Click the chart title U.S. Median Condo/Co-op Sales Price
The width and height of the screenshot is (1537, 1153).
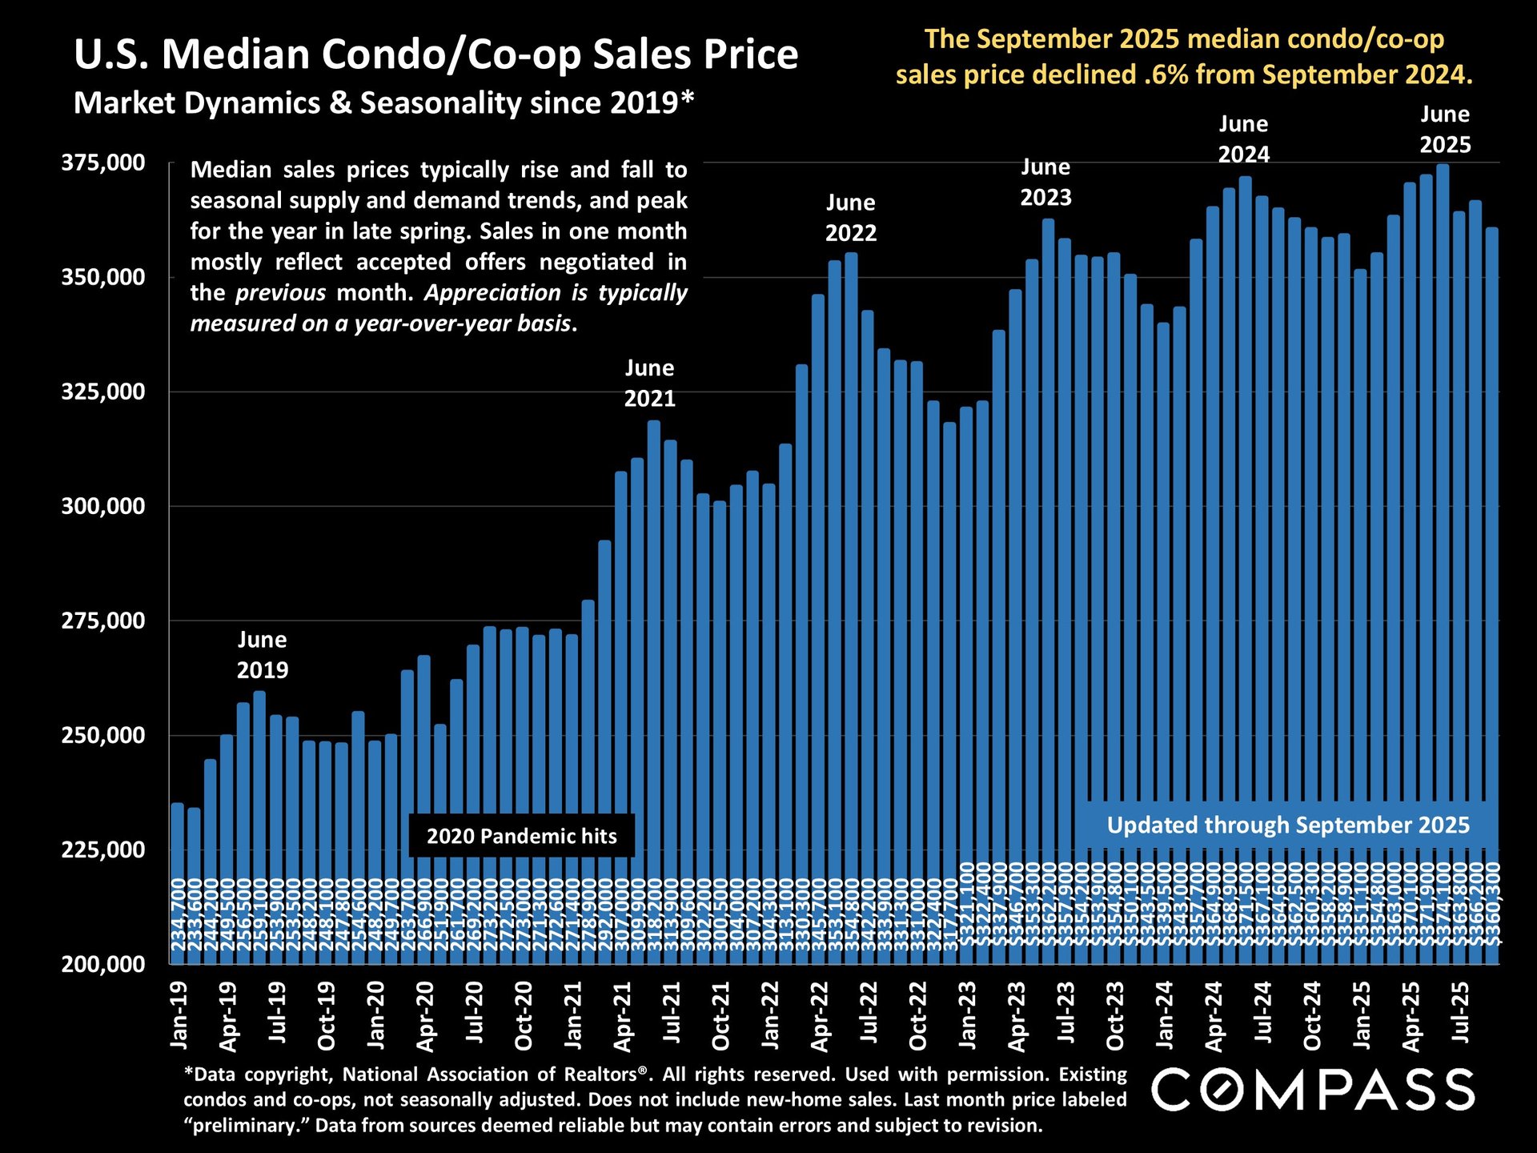pyautogui.click(x=435, y=54)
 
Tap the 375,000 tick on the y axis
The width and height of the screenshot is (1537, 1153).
pyautogui.click(x=103, y=163)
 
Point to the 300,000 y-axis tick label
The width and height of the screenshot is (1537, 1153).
pyautogui.click(x=103, y=506)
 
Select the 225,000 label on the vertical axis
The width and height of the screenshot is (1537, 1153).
pyautogui.click(x=103, y=850)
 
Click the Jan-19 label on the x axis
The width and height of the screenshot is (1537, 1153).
pyautogui.click(x=179, y=1015)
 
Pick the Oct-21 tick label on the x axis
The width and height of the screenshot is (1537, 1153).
pyautogui.click(x=721, y=1015)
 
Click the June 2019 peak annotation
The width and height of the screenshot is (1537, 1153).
pyautogui.click(x=262, y=655)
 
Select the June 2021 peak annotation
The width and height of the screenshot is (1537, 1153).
pyautogui.click(x=649, y=384)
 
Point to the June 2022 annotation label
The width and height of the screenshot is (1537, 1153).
pyautogui.click(x=851, y=218)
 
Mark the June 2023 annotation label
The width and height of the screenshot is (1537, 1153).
pyautogui.click(x=1045, y=183)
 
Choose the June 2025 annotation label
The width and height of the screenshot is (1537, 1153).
pyautogui.click(x=1445, y=130)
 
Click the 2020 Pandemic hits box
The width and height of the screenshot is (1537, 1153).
pyautogui.click(x=521, y=836)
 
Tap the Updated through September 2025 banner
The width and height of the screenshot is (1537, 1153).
pyautogui.click(x=1288, y=825)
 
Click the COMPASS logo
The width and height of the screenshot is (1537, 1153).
pyautogui.click(x=1313, y=1090)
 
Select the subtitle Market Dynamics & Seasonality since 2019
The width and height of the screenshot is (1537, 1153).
pyautogui.click(x=383, y=103)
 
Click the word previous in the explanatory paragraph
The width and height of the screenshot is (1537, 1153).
pyautogui.click(x=280, y=292)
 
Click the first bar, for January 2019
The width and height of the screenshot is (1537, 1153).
pyautogui.click(x=178, y=881)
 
